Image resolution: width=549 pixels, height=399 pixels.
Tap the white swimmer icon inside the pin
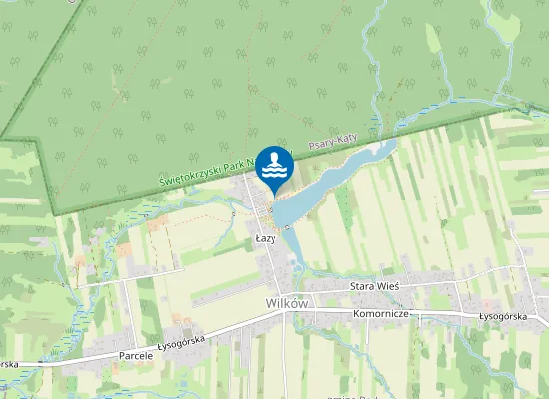coord(274,164)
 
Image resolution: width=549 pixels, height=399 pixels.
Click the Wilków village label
coord(287,302)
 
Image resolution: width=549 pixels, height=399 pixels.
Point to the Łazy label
coord(265,239)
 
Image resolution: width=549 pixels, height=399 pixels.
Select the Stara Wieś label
coord(374,285)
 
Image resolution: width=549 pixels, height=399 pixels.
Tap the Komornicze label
coord(383,313)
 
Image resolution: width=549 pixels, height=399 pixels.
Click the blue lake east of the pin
coord(339,175)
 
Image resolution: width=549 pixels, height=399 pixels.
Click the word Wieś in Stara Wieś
coord(388,285)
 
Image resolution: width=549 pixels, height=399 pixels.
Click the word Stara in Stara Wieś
coord(362,285)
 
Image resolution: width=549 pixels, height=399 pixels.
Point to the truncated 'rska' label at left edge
coord(9,364)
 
